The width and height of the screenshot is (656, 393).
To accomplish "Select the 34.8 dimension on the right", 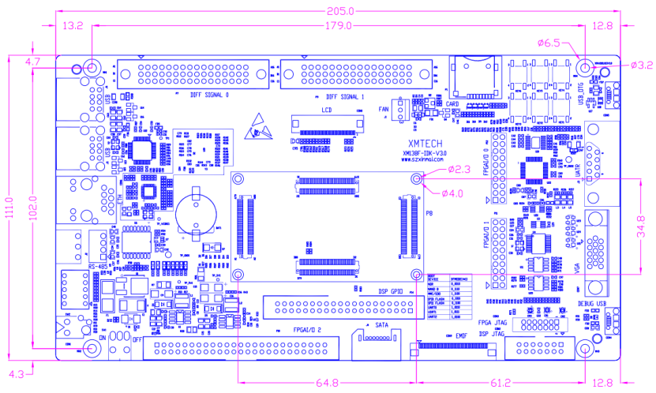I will pyautogui.click(x=642, y=224).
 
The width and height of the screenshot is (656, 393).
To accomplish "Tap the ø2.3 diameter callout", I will pyautogui.click(x=460, y=169).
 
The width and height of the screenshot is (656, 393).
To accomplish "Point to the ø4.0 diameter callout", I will pyautogui.click(x=455, y=193).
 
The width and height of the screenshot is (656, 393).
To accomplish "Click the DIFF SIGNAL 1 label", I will pyautogui.click(x=345, y=95).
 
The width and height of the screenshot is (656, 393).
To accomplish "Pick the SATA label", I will pyautogui.click(x=382, y=325).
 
